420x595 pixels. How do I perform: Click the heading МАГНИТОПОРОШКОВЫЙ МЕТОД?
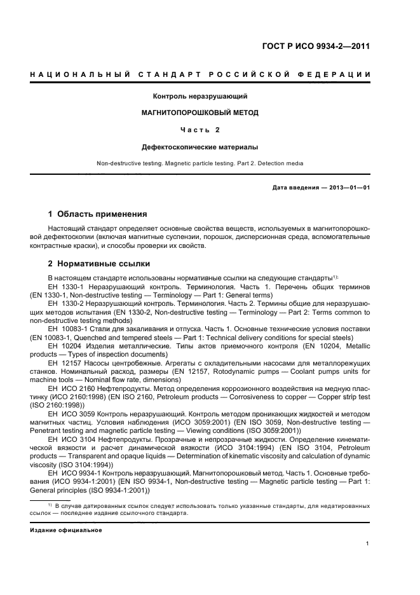[x=200, y=113]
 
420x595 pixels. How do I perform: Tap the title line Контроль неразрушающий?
[x=200, y=97]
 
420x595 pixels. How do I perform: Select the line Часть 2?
[x=200, y=130]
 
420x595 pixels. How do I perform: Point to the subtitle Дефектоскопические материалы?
[x=200, y=147]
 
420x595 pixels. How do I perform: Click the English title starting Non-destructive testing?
[x=200, y=163]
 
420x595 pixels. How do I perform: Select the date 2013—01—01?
[x=348, y=188]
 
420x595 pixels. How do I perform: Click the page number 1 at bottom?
[x=368, y=544]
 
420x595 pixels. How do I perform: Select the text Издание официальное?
[x=66, y=530]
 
